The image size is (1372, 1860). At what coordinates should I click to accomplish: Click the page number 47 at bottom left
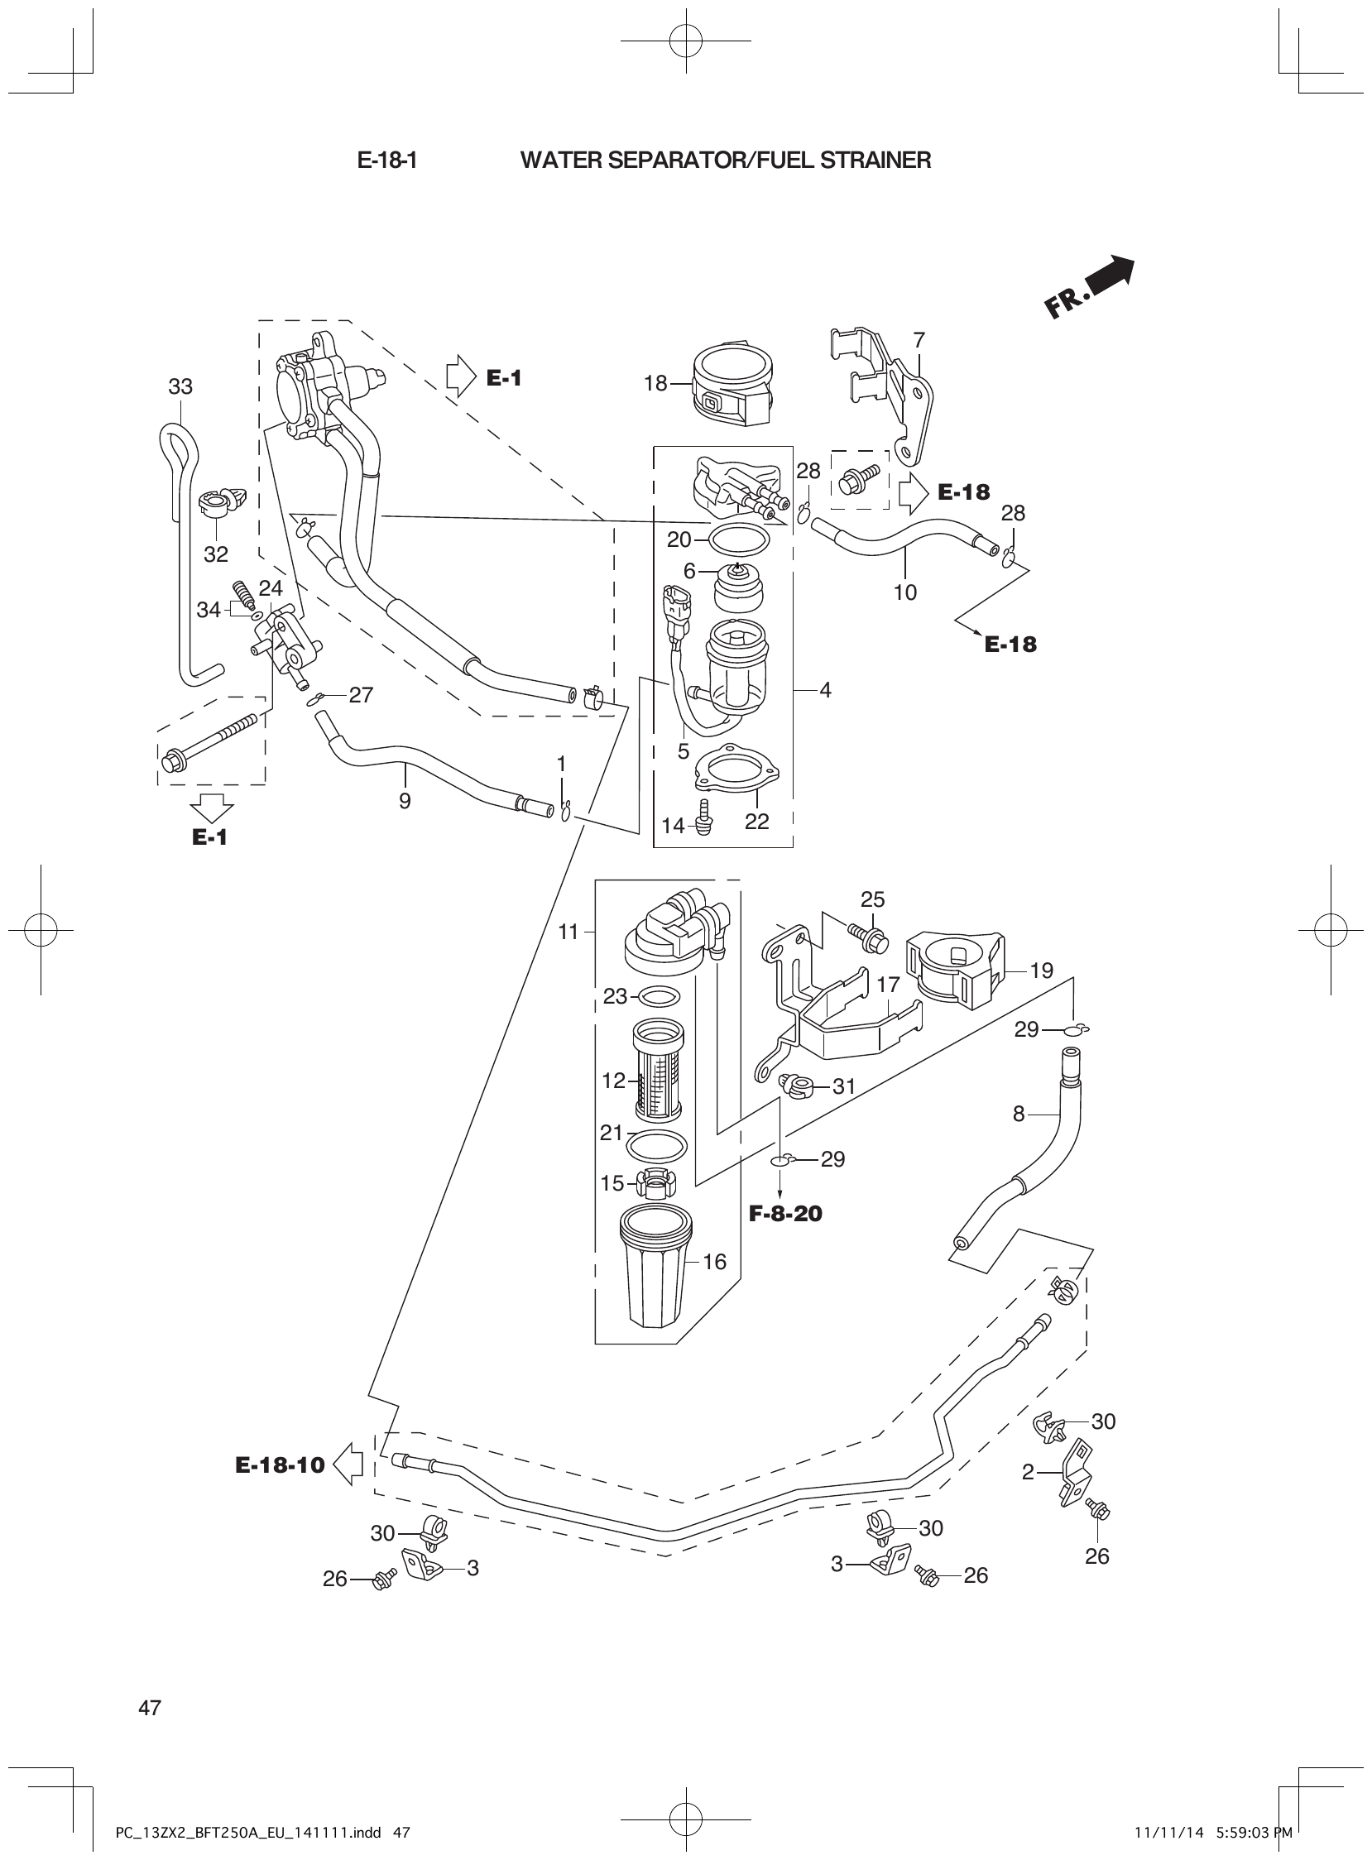click(x=150, y=1708)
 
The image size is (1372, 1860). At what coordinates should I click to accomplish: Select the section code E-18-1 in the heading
click(x=386, y=161)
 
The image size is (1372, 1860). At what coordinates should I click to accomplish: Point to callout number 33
click(x=180, y=386)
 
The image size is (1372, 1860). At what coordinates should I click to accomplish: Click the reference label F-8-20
click(x=784, y=1214)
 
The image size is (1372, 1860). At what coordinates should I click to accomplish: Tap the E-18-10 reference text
click(x=280, y=1465)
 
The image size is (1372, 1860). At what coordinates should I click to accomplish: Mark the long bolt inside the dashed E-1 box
click(x=212, y=740)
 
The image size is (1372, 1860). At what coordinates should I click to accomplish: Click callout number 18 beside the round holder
click(x=655, y=383)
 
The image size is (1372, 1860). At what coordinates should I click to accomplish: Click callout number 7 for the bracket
click(x=919, y=339)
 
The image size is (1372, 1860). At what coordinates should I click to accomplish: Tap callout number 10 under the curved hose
click(x=905, y=592)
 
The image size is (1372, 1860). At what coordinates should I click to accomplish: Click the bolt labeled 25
click(x=867, y=936)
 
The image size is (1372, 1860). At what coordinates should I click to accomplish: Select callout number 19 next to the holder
click(x=1042, y=970)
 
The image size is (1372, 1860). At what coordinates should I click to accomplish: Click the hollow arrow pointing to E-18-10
click(x=349, y=1465)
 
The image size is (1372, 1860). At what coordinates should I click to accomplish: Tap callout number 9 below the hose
click(x=405, y=800)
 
